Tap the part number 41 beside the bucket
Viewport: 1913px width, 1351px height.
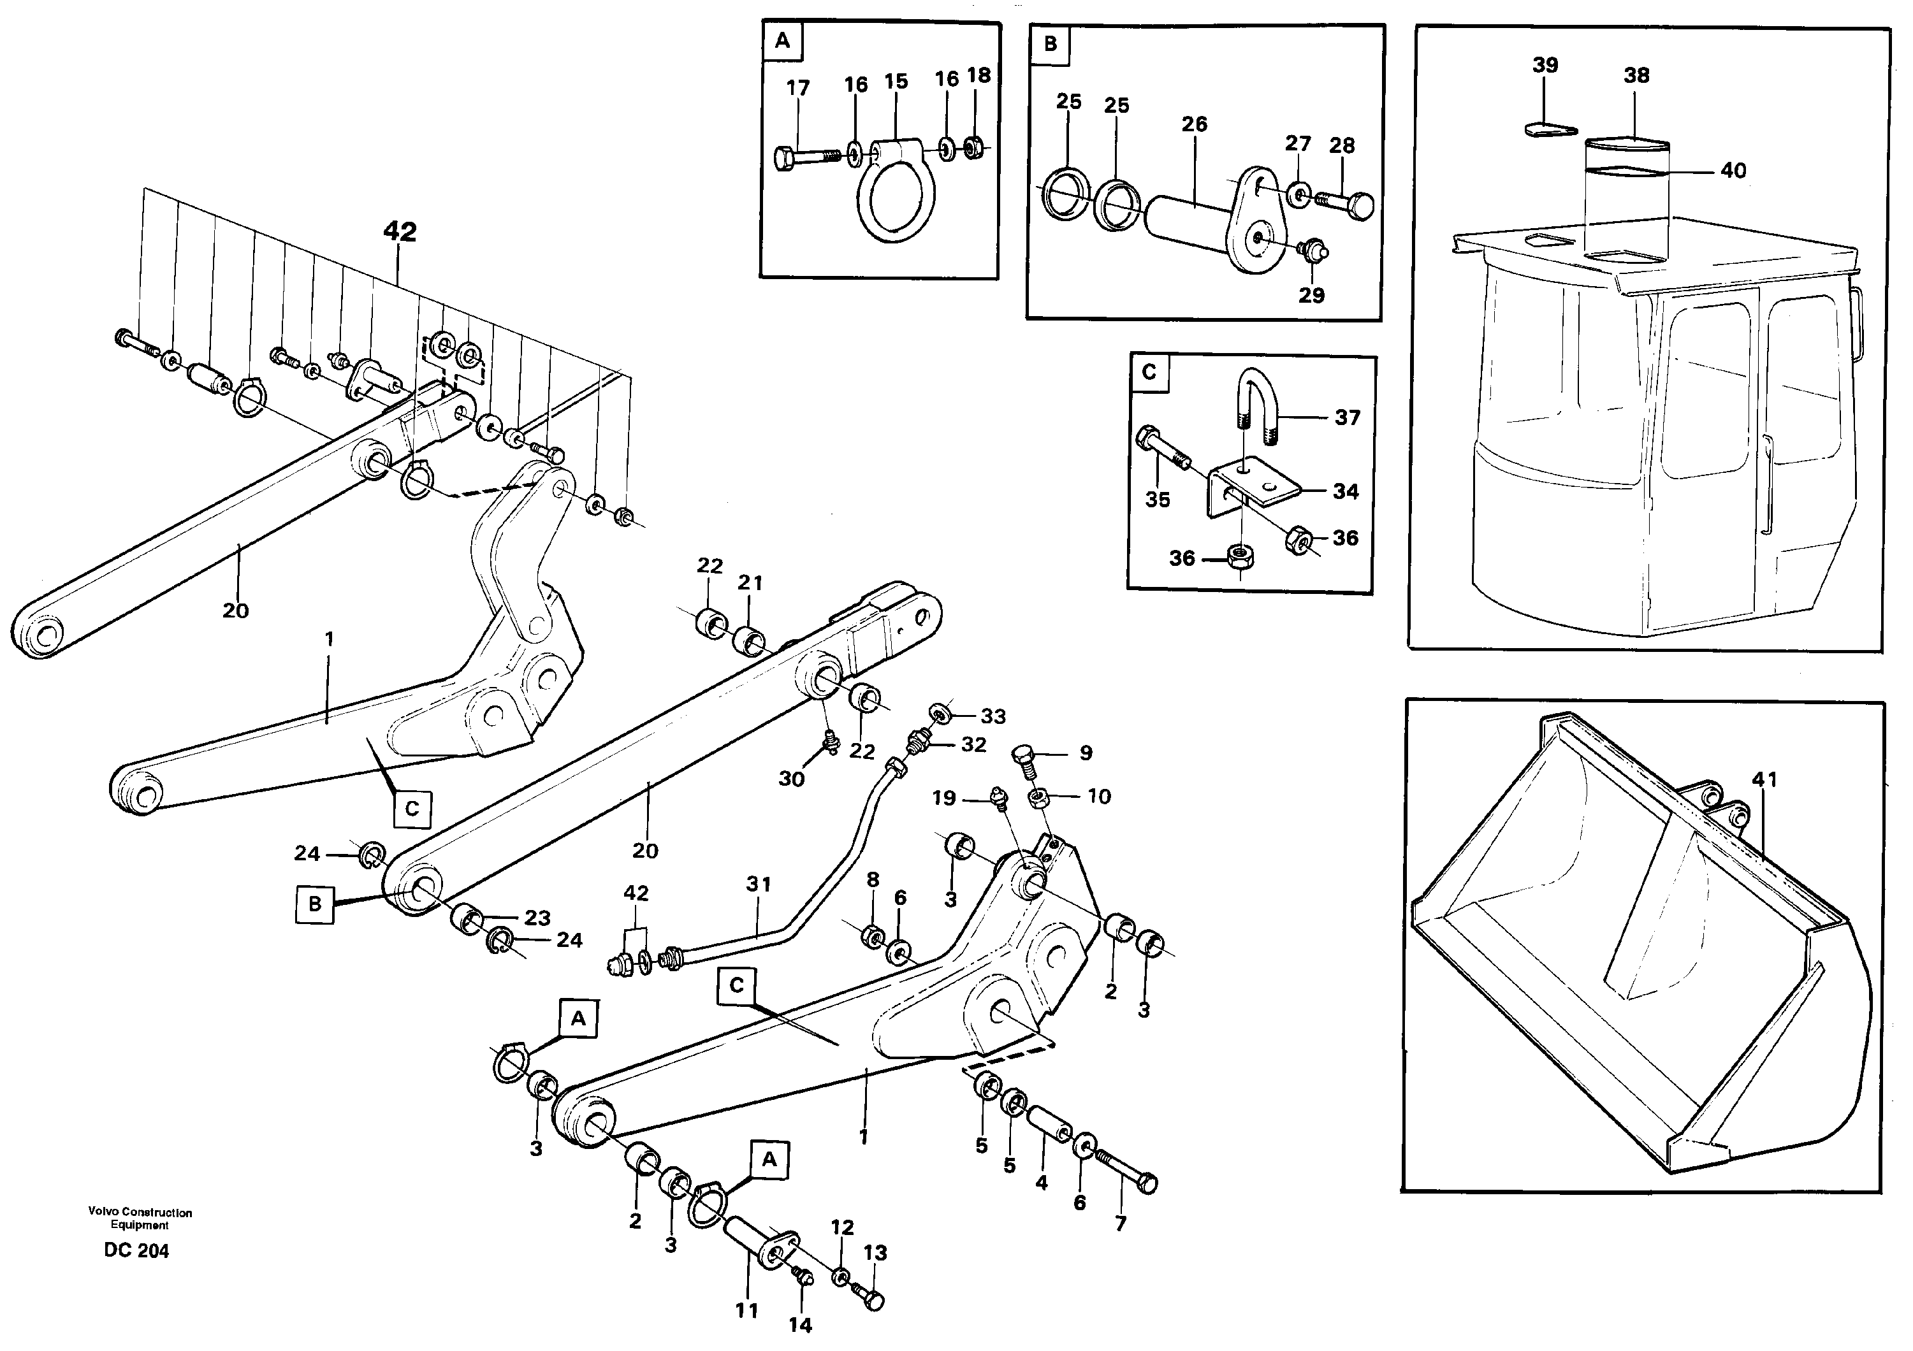click(x=1764, y=779)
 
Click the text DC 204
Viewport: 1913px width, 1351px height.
click(x=136, y=1251)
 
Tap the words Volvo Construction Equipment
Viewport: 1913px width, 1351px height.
click(x=140, y=1218)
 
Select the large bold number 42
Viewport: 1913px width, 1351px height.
click(x=400, y=231)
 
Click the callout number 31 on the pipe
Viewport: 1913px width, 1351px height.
click(x=758, y=884)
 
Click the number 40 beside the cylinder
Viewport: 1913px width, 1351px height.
click(x=1733, y=171)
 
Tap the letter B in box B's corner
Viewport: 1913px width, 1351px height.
click(x=1050, y=43)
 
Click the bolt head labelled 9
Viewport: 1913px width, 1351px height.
click(x=1024, y=757)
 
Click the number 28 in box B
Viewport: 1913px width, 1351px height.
click(x=1341, y=146)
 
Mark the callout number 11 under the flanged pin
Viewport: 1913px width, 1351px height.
click(x=746, y=1310)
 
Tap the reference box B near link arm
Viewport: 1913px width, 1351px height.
click(x=314, y=904)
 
